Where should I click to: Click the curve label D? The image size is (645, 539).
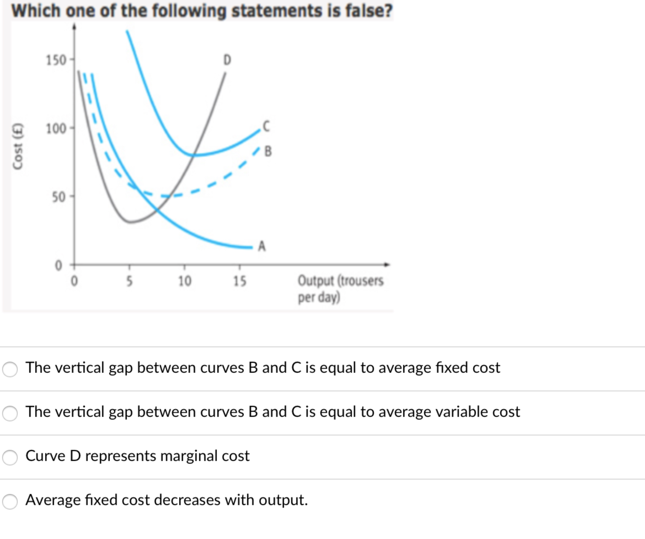(x=227, y=60)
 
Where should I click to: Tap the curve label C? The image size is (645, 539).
(x=266, y=126)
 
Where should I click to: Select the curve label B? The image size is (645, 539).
(x=268, y=151)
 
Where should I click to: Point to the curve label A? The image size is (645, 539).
(x=262, y=246)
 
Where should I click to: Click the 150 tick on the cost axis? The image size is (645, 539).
(x=56, y=60)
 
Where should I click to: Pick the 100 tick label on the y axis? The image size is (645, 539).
(x=56, y=128)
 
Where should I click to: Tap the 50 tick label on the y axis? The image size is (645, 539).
(x=59, y=197)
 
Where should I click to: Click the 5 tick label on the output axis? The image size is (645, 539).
(x=129, y=281)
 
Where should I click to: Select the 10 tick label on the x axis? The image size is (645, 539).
(x=184, y=281)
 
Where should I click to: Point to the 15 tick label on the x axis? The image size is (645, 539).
(x=240, y=281)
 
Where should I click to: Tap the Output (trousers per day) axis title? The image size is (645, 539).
(x=340, y=289)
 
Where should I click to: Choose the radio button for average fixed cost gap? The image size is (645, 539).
(x=10, y=369)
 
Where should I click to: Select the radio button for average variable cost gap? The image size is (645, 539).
(x=10, y=413)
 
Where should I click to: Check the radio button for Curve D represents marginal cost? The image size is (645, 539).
(x=10, y=457)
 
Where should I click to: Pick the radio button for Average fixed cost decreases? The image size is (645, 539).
(x=10, y=502)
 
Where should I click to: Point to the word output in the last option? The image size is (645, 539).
(x=282, y=500)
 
